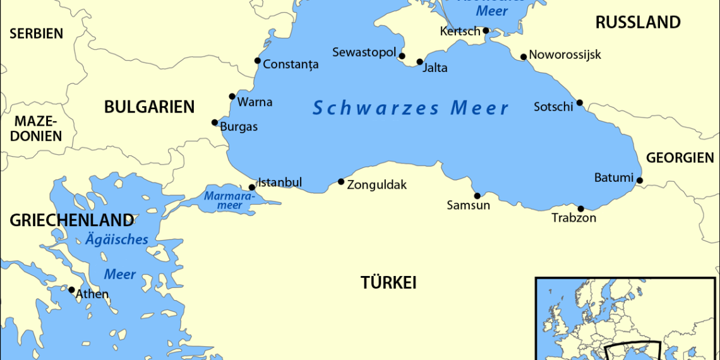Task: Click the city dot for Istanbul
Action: [x=252, y=187]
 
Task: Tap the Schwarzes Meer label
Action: [x=411, y=108]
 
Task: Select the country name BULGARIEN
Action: [x=149, y=107]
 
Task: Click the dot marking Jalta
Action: [x=419, y=62]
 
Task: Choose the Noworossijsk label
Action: [x=565, y=54]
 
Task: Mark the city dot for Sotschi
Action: [x=579, y=103]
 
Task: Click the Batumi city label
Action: [x=613, y=177]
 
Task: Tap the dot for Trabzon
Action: [x=580, y=208]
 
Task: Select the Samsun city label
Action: [x=468, y=205]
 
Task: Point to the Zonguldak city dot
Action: [x=341, y=182]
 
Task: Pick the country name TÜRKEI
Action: [x=388, y=282]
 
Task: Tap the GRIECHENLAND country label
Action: [x=71, y=220]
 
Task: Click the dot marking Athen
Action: [x=72, y=290]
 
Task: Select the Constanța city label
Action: [x=291, y=64]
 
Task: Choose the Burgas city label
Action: [x=239, y=126]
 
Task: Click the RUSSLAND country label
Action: [x=638, y=23]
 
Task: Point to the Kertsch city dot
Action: [x=486, y=30]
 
